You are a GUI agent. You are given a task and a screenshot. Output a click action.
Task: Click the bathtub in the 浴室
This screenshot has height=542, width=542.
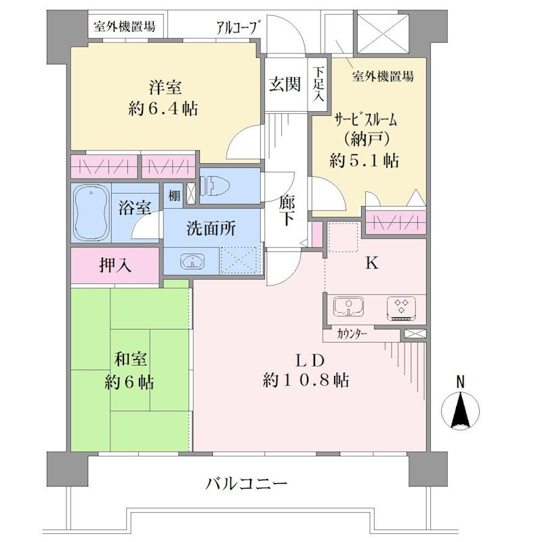91,212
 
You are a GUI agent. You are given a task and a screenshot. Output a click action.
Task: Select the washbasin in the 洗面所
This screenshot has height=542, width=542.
192,261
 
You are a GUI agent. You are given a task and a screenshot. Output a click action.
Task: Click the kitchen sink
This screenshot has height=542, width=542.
348,307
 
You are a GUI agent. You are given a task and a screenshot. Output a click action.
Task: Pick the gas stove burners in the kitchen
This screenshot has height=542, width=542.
401,308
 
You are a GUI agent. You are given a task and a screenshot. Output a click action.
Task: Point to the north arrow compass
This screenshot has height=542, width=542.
460,411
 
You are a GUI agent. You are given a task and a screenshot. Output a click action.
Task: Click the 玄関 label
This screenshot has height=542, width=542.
285,84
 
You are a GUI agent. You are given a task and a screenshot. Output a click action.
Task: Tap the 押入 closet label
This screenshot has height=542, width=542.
115,266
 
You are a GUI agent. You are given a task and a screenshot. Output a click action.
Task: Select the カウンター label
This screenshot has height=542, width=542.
351,334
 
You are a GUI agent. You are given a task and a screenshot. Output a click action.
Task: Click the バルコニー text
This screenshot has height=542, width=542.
246,483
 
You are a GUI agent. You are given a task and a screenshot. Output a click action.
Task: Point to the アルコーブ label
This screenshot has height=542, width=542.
238,27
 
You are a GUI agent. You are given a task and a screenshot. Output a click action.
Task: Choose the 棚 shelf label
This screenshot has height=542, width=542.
175,196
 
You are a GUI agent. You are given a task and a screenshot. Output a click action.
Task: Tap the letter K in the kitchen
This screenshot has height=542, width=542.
372,264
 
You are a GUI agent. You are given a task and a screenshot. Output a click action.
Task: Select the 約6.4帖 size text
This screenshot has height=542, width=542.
163,109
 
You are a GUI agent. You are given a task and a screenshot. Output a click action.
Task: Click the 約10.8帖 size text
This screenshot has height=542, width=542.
306,381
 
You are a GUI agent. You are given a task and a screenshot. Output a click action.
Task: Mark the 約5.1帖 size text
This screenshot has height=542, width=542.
364,161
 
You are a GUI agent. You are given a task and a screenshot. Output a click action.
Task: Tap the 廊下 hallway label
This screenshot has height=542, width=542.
287,210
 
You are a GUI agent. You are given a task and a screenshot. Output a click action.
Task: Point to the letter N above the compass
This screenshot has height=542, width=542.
460,382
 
